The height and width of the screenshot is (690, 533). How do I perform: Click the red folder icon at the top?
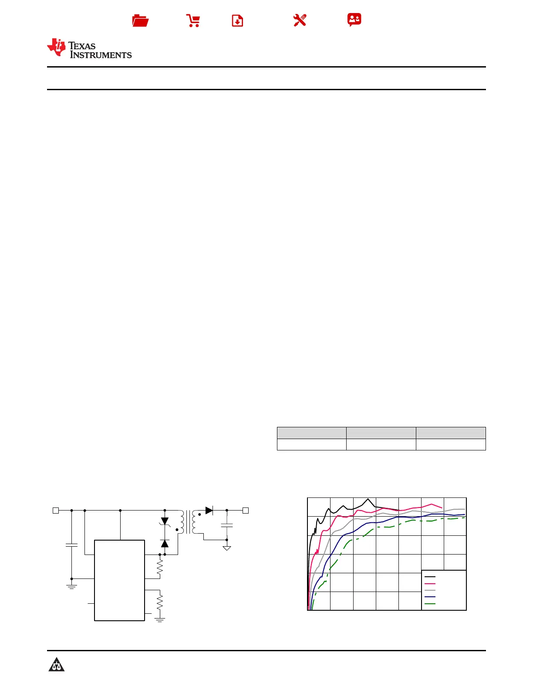[140, 20]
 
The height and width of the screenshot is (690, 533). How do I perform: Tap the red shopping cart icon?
[193, 20]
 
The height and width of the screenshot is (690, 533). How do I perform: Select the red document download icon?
[237, 20]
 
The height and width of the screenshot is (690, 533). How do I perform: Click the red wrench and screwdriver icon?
[300, 20]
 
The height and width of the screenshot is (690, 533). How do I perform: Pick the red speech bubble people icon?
[354, 20]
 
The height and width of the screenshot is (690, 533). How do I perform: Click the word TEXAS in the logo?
[82, 46]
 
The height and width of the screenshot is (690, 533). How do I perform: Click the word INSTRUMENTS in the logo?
[101, 55]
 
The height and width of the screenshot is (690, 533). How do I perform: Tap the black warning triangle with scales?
[57, 665]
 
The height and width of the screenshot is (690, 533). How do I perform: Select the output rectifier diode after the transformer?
[209, 510]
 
